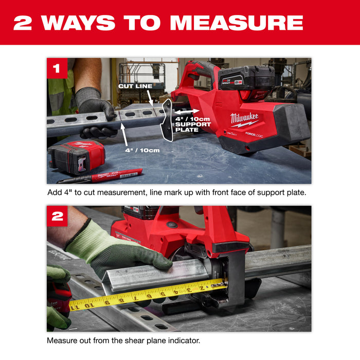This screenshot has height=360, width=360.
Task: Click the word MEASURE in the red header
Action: click(237, 23)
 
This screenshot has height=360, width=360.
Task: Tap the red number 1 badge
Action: click(57, 68)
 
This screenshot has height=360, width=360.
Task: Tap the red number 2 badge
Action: click(57, 217)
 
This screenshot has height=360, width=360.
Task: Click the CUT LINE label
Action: click(135, 86)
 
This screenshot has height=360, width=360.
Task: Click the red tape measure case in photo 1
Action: click(76, 157)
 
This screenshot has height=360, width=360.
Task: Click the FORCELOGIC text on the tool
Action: click(255, 134)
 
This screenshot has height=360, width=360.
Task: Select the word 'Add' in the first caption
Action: click(53, 192)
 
